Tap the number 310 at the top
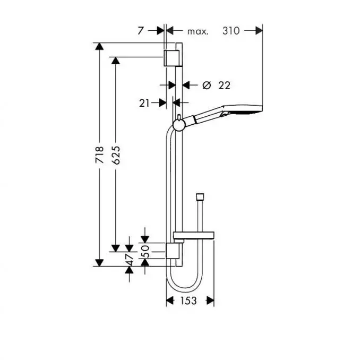click(x=230, y=31)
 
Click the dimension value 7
click(x=140, y=31)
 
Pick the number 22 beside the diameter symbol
click(x=224, y=85)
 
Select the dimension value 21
click(x=144, y=104)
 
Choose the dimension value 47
click(x=129, y=260)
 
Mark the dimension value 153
click(x=188, y=301)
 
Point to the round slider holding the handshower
click(x=179, y=125)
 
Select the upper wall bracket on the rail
click(x=171, y=58)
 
